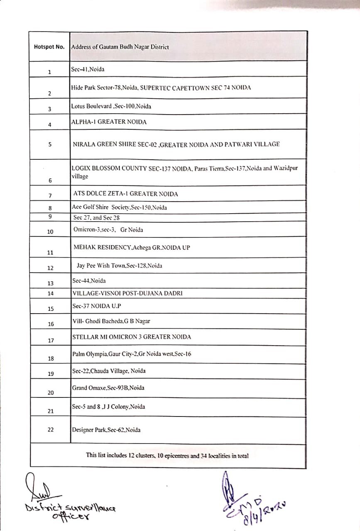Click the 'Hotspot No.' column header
(x=49, y=47)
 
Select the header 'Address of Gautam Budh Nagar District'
(x=120, y=47)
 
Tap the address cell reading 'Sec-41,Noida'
(x=88, y=69)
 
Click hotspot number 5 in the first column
(x=49, y=145)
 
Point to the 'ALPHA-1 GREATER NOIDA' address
(x=109, y=122)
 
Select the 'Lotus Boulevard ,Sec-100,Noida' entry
(x=111, y=106)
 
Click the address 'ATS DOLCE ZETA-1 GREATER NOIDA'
(x=125, y=194)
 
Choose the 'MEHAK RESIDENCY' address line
(x=132, y=247)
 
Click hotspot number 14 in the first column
(x=51, y=293)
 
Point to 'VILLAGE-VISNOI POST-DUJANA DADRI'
(x=127, y=293)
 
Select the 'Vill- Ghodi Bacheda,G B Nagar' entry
(x=111, y=321)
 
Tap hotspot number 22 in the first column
(x=51, y=430)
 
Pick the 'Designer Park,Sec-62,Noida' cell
(x=106, y=430)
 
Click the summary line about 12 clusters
(x=167, y=455)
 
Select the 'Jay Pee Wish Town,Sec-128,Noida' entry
(x=119, y=265)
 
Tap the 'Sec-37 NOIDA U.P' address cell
(x=96, y=306)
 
